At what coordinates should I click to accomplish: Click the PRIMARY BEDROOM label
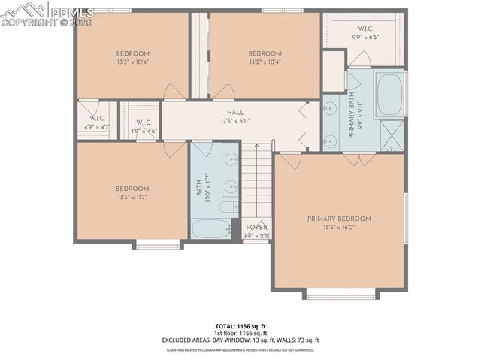(339, 219)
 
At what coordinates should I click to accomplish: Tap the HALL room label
(225, 112)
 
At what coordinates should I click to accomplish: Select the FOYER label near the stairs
(257, 227)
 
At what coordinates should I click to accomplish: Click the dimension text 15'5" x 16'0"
(339, 228)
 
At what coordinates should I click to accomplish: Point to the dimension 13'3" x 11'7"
(132, 197)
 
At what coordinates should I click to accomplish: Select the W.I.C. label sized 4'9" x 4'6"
(144, 123)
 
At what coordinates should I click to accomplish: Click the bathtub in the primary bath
(389, 94)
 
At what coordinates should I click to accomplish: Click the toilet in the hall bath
(226, 207)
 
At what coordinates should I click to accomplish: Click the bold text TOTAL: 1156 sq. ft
(240, 326)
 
